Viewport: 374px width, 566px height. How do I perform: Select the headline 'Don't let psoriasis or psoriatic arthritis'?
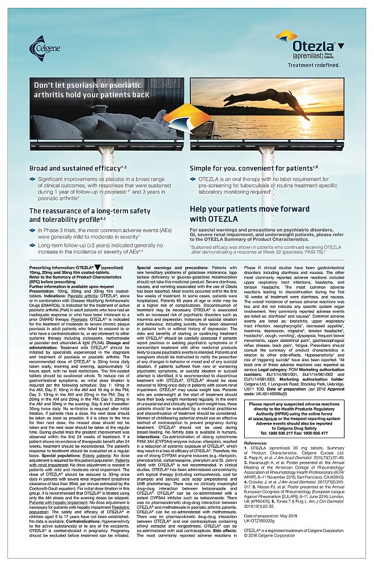click(92, 90)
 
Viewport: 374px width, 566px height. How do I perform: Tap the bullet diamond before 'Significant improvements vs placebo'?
click(33, 179)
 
